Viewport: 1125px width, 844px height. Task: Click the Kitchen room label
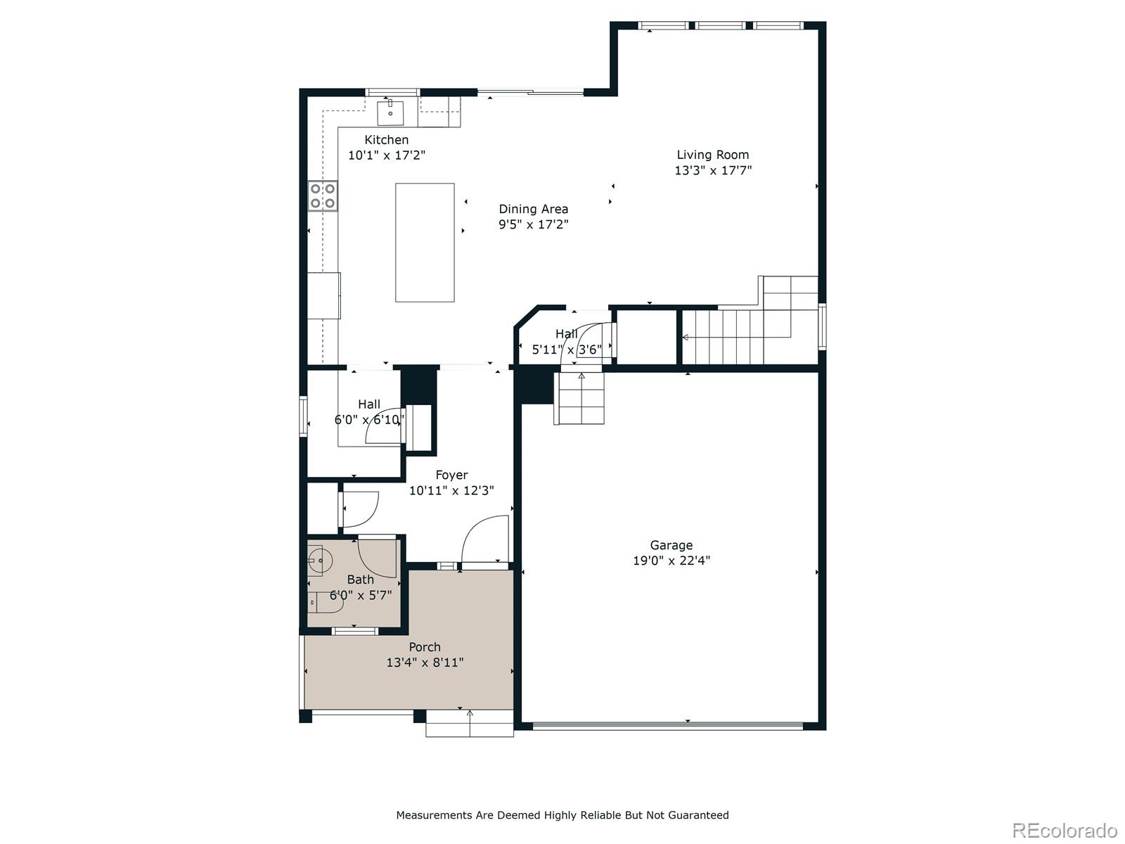pos(386,140)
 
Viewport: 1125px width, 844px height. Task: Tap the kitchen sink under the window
pos(390,113)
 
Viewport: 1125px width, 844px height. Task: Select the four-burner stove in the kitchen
pos(323,196)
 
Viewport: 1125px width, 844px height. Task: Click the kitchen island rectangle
pos(425,242)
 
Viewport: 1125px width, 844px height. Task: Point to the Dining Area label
pos(533,209)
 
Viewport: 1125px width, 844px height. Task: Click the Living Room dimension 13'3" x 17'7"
pos(713,170)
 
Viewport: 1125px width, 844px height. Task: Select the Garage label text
pos(671,545)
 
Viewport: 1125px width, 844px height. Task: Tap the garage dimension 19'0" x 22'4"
pos(671,561)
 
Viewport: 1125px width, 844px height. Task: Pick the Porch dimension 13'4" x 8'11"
pos(425,663)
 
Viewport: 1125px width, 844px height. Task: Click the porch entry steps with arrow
pos(469,723)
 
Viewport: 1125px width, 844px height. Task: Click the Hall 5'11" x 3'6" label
pos(567,334)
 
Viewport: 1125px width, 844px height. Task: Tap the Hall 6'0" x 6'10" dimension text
pos(369,421)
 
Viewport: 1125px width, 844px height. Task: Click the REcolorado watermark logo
pos(1064,830)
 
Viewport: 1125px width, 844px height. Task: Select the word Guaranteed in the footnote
pos(695,815)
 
